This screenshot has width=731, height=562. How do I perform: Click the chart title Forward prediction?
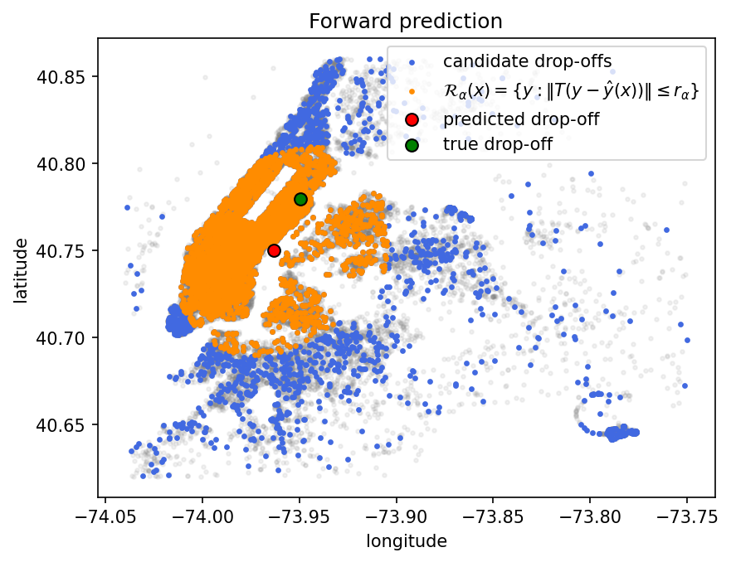(x=406, y=22)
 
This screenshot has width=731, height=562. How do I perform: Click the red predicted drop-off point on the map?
(x=274, y=250)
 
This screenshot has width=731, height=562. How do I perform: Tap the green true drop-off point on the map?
(x=300, y=199)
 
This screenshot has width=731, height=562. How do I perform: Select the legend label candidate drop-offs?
(x=527, y=61)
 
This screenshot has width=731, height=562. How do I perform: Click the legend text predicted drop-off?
(x=521, y=119)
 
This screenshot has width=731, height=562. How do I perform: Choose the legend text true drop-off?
(x=498, y=144)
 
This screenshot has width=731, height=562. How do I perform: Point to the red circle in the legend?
(x=412, y=119)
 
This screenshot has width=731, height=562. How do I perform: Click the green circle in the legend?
(x=412, y=145)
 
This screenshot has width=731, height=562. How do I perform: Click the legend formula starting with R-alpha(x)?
(x=571, y=90)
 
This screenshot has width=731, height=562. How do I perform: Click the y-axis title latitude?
(x=21, y=270)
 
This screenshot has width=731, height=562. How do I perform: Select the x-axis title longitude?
(x=407, y=541)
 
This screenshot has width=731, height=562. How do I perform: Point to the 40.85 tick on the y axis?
(x=61, y=76)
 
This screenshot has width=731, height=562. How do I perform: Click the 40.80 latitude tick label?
(x=61, y=164)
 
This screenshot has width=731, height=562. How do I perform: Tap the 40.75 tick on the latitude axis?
(x=61, y=251)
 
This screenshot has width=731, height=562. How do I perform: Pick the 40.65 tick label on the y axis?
(x=61, y=425)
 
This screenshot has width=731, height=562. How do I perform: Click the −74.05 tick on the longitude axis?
(x=105, y=517)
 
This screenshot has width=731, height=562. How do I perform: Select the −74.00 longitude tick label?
(x=202, y=517)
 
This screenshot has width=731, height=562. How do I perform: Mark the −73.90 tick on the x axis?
(x=397, y=517)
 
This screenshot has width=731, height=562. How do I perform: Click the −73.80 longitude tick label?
(x=590, y=517)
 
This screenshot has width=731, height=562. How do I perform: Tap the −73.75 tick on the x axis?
(x=687, y=517)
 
